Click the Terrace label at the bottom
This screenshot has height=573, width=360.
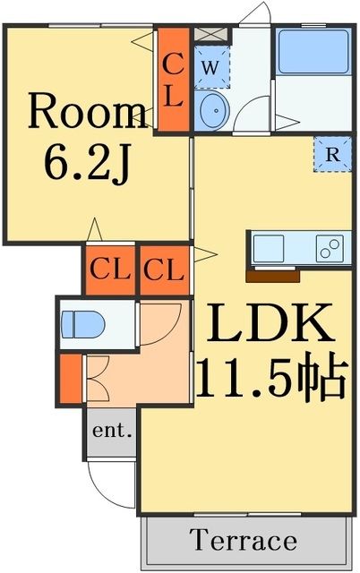243,541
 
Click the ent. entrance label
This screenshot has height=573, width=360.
112,432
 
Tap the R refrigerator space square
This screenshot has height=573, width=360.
332,153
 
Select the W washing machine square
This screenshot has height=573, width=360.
211,67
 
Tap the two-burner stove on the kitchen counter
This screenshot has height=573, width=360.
329,246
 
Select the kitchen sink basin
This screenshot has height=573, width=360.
270,246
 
